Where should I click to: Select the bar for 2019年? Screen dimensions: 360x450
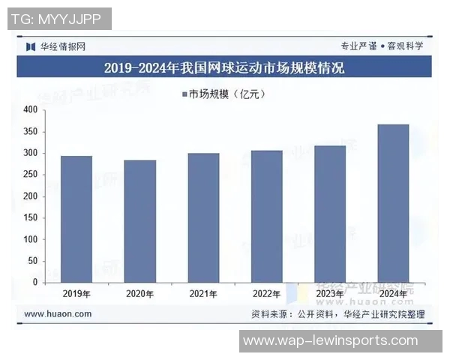pos(76,219)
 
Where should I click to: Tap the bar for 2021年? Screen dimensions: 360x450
pos(203,217)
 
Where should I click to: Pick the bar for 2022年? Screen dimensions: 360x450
pos(267,216)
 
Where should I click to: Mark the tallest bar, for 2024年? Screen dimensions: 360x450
pos(393,203)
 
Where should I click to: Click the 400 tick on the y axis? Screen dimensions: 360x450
pos(29,110)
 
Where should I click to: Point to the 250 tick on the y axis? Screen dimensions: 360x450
pos(29,175)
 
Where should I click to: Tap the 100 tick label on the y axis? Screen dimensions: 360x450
pos(29,239)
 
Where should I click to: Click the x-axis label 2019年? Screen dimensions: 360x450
pos(76,293)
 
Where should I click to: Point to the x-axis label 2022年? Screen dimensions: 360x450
pos(267,293)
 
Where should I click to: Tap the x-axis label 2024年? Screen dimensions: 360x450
pos(393,293)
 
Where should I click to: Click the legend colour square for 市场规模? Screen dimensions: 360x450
pos(184,94)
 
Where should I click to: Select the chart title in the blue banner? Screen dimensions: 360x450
pos(224,68)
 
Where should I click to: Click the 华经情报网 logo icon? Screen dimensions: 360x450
pos(31,46)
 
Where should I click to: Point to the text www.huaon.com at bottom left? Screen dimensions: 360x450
pos(58,313)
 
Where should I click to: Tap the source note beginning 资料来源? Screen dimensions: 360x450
pos(337,313)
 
